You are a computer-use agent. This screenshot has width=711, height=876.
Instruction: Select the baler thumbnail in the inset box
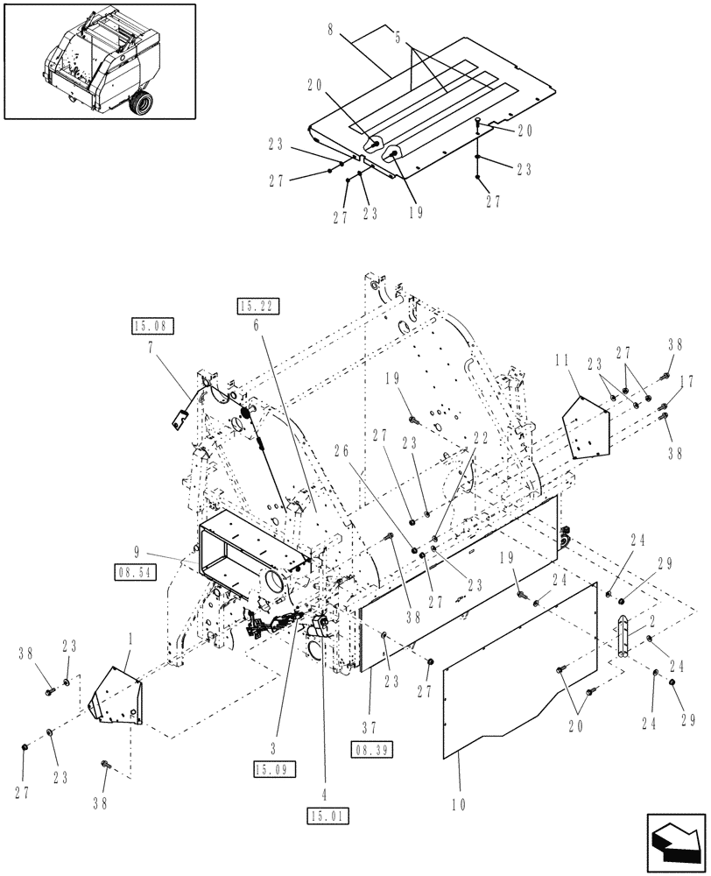[x=99, y=60]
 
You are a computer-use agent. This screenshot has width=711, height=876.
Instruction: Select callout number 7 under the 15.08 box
[x=153, y=347]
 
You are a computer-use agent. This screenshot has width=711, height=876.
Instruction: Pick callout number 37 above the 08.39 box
[x=371, y=725]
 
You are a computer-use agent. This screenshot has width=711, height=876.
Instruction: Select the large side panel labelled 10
[x=517, y=675]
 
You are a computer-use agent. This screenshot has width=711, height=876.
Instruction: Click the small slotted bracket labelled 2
[x=623, y=635]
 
